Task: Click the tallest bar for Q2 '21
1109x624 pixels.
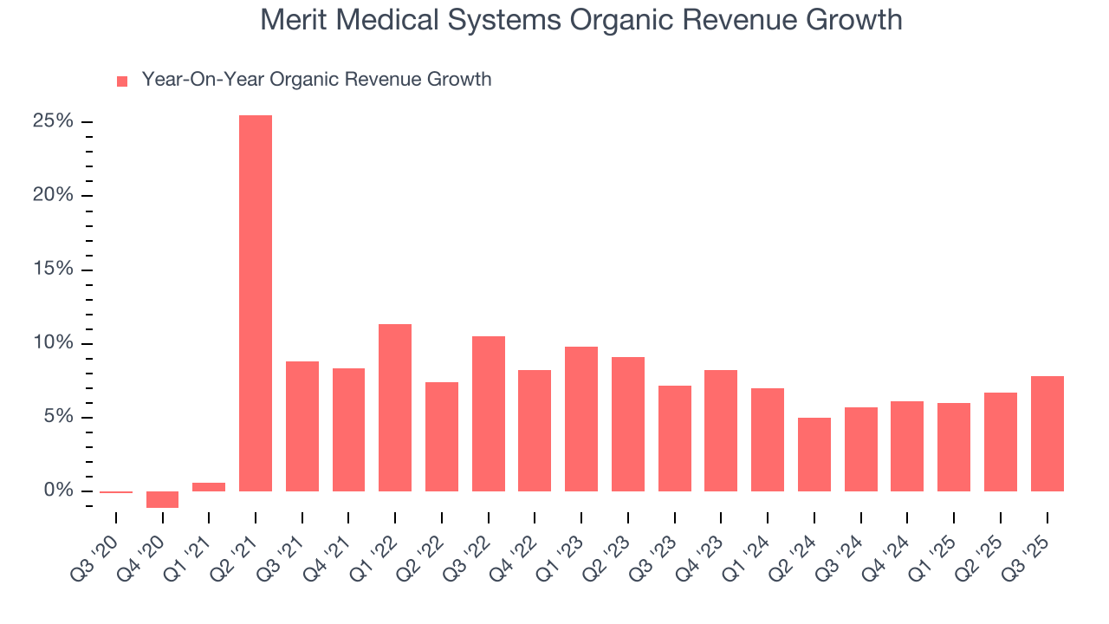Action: click(256, 303)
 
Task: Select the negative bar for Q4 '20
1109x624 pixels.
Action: click(162, 499)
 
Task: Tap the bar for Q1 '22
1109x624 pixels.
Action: click(395, 407)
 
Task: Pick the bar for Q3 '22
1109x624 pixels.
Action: click(489, 413)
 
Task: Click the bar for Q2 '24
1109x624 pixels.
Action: click(814, 454)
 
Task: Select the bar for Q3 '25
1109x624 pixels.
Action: click(1047, 433)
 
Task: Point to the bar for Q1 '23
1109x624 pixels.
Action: click(581, 419)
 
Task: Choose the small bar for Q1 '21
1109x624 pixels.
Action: click(209, 487)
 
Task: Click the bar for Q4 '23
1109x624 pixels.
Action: click(721, 431)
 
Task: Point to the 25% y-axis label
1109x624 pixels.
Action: click(53, 121)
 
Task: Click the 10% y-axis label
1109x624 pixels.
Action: click(53, 343)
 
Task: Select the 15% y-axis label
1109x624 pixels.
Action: click(53, 270)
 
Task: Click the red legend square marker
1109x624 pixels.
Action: click(122, 81)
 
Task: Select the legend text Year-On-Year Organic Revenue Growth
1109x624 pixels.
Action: click(316, 80)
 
